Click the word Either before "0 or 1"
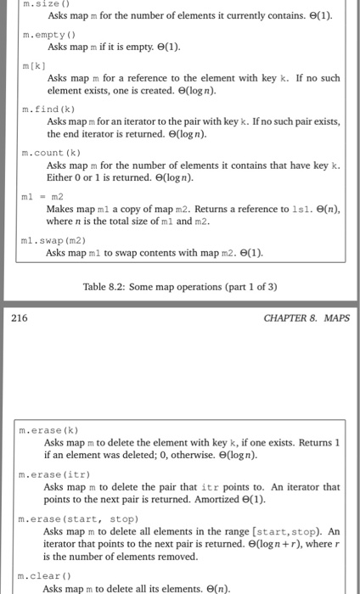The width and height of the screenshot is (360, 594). click(x=61, y=177)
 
